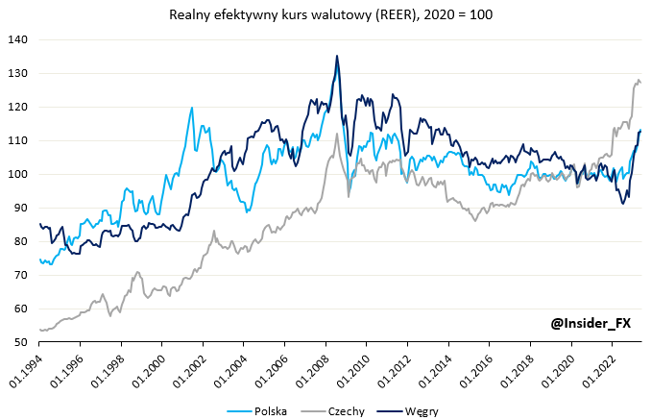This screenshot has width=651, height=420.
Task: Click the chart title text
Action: point(325,14)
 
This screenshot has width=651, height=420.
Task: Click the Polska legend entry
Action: point(274,411)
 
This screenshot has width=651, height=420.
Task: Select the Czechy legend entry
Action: point(346,411)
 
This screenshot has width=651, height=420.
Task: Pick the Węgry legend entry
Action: point(420,411)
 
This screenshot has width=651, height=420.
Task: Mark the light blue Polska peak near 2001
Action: point(192,108)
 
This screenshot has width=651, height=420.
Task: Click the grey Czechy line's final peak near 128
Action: point(638,81)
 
